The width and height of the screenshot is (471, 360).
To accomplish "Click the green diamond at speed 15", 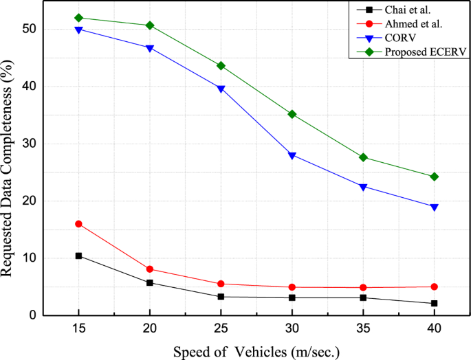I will tap(78, 18).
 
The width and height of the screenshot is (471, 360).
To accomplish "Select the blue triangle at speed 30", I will tap(292, 155).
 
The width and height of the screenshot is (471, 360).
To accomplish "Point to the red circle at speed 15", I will tap(78, 224).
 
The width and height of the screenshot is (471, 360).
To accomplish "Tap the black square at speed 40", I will tap(434, 303).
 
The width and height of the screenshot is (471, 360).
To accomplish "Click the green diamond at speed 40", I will tap(434, 177).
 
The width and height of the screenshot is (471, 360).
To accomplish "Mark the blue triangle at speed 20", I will tap(150, 48).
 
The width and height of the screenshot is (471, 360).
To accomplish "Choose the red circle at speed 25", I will tap(221, 284).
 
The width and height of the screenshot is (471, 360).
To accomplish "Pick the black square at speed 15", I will tap(78, 256).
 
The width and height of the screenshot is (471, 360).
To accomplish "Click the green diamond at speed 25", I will tap(221, 66).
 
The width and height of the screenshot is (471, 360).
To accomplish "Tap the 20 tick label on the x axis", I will tap(150, 328).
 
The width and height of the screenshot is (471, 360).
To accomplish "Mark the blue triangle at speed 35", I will tap(363, 187).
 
